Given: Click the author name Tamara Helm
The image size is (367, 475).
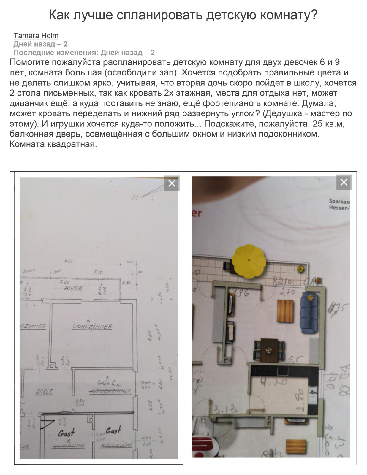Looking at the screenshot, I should [x=36, y=36].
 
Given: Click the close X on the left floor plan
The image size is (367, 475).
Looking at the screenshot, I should [x=172, y=183].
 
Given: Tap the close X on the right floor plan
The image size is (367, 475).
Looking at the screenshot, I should [x=344, y=182].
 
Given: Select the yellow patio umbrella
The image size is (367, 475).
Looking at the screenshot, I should [x=248, y=261].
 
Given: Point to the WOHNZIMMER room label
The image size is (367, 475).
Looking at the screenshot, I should [x=92, y=327].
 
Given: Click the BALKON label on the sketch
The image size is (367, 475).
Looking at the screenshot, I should [x=73, y=288].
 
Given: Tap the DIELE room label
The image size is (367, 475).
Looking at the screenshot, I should [x=44, y=391].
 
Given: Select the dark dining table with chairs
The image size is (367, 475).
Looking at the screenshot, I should [x=269, y=350].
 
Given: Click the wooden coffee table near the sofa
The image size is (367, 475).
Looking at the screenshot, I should [x=285, y=311].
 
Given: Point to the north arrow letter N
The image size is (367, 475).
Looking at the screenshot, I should [x=135, y=197].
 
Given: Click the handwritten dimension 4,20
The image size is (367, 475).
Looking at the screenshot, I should [x=274, y=381].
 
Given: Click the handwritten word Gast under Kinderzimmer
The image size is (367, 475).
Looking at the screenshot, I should [x=113, y=430].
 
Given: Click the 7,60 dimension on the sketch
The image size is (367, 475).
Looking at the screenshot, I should [x=68, y=262].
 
